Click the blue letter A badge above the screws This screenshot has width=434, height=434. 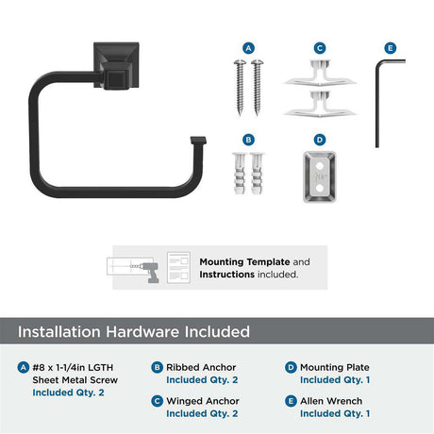(248, 48)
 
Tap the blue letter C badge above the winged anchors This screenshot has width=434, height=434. (320, 48)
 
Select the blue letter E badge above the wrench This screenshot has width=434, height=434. (391, 48)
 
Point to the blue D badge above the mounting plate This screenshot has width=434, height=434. (320, 140)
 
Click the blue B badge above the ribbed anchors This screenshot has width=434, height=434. (248, 140)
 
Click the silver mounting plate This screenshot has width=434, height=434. (320, 177)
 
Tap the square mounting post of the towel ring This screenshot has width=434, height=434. (116, 65)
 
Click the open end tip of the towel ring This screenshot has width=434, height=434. (198, 141)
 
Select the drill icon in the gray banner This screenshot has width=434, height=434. (148, 272)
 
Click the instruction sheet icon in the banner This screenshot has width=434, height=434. (178, 268)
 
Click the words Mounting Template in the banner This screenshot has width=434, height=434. (244, 262)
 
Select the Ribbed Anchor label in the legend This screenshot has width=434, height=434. (201, 367)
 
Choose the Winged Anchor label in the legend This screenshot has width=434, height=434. (203, 401)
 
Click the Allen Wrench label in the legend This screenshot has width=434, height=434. (331, 401)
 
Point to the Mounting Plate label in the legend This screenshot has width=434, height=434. (335, 367)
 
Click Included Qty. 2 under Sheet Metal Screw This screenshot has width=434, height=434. (68, 392)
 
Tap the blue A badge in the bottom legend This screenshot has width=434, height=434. (24, 367)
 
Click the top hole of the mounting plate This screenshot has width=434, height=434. (320, 165)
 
